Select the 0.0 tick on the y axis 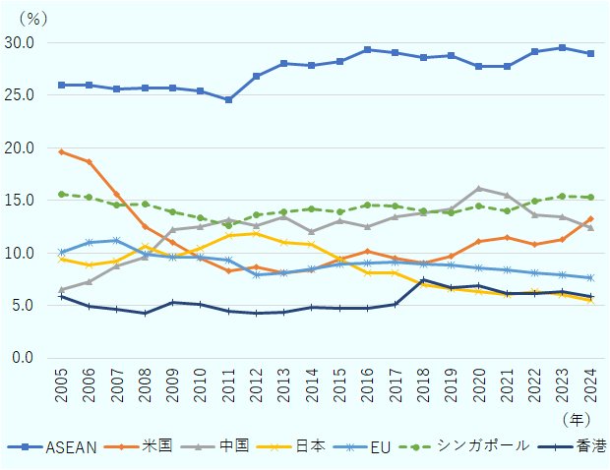tap(23, 358)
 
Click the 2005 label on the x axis tap(62, 386)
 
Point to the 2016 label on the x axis tap(367, 386)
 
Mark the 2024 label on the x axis tap(590, 386)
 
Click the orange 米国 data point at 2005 tap(61, 151)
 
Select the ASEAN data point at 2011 tap(228, 99)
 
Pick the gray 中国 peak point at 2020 tap(479, 188)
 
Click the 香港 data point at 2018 tap(423, 280)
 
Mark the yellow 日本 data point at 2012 tap(256, 233)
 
